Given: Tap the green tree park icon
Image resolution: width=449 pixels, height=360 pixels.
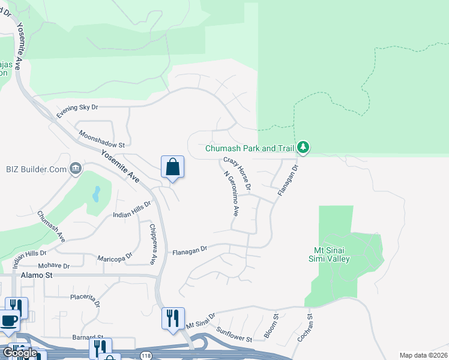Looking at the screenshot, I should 304,146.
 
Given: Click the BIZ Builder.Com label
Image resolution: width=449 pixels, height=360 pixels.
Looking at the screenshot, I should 36,169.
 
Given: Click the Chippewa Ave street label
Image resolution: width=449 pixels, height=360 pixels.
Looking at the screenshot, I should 153,244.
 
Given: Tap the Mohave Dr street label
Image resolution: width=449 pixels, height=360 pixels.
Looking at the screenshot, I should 53,265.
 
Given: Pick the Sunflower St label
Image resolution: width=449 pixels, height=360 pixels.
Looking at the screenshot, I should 234,334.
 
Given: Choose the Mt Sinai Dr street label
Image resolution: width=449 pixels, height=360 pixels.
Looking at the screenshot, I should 200,320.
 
